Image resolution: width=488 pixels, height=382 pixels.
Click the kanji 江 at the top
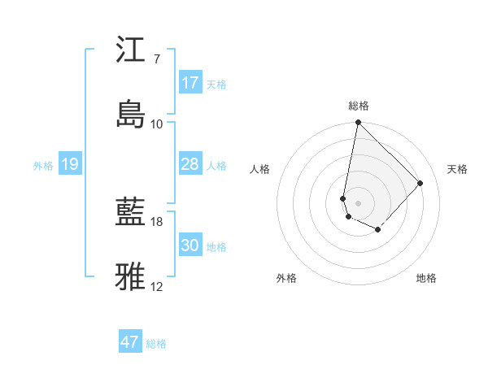pos(131,50)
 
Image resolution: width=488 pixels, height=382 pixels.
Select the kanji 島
pos(131,115)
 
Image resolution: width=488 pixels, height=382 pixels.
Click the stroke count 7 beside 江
pos(156,59)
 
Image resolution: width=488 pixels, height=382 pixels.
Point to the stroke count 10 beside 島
pos(156,124)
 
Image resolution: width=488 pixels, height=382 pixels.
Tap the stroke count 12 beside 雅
pos(156,287)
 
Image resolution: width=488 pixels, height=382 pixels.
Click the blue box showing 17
pos(190,83)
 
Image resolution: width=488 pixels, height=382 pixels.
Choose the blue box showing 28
pos(190,164)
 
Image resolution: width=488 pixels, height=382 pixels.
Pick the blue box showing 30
pos(190,245)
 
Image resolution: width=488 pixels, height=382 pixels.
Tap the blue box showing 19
pos(70,164)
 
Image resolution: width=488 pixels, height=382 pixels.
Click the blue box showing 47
pos(130,342)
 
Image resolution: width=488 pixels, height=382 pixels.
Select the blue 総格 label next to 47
pos(156,344)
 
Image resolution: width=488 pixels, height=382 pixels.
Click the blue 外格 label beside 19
pos(43,165)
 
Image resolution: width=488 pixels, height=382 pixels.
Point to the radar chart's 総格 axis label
pos(359,106)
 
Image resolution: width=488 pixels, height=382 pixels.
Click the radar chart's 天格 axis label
pos(457,169)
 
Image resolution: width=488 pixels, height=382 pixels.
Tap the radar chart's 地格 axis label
pos(426,278)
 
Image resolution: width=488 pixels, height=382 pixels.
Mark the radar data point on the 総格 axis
pos(358,123)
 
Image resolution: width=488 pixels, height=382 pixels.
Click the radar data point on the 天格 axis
pos(420,183)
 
